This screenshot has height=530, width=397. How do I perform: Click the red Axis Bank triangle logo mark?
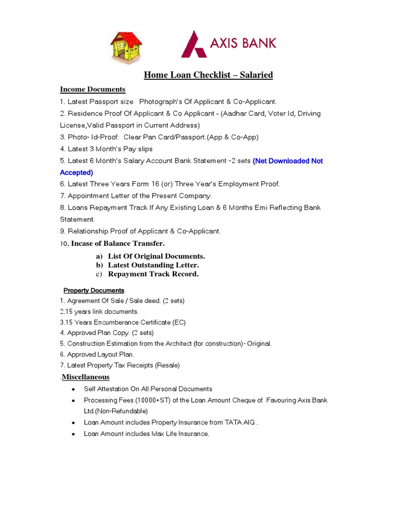(x=193, y=45)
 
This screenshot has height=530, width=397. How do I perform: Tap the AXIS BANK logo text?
(x=242, y=42)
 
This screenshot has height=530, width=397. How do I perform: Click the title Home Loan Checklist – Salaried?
(x=208, y=75)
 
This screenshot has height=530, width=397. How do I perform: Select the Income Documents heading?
(x=93, y=90)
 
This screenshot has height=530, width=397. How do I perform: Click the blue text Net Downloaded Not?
(x=287, y=161)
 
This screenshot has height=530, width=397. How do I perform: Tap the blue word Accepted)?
(x=77, y=172)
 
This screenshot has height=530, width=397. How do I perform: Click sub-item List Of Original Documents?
(x=156, y=256)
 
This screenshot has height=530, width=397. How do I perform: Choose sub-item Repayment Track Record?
(x=153, y=274)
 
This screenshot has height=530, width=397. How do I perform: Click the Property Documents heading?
(x=94, y=290)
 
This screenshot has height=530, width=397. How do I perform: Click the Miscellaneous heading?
(x=85, y=377)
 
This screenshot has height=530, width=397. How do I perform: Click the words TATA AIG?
(x=240, y=422)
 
